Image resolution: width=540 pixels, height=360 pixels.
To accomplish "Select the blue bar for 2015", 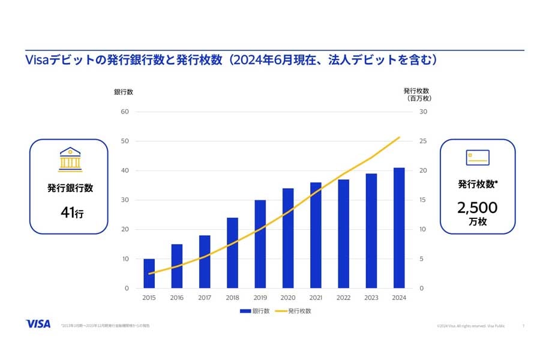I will (x=149, y=274).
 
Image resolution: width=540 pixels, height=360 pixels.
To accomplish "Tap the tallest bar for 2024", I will (x=399, y=228).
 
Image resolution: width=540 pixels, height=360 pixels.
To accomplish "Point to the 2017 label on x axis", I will (x=204, y=298).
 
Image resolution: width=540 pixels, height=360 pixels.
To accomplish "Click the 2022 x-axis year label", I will (x=343, y=298).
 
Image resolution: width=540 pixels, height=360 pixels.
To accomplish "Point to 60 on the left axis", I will (x=125, y=112).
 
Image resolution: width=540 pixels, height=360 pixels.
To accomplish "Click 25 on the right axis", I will (x=423, y=141).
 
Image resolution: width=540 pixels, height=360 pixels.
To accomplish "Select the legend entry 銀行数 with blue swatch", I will (x=254, y=311).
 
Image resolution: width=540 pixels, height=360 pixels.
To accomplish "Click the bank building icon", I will (x=70, y=159).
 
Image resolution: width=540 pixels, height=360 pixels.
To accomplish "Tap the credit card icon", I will (x=478, y=157).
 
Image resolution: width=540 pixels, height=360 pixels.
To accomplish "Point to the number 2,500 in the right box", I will (x=477, y=208).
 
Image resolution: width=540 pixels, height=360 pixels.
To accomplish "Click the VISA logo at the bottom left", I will (x=38, y=323).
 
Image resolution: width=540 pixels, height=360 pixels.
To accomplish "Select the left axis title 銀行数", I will (x=124, y=92).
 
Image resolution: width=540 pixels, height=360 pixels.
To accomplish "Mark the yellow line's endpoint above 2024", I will (x=399, y=137).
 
